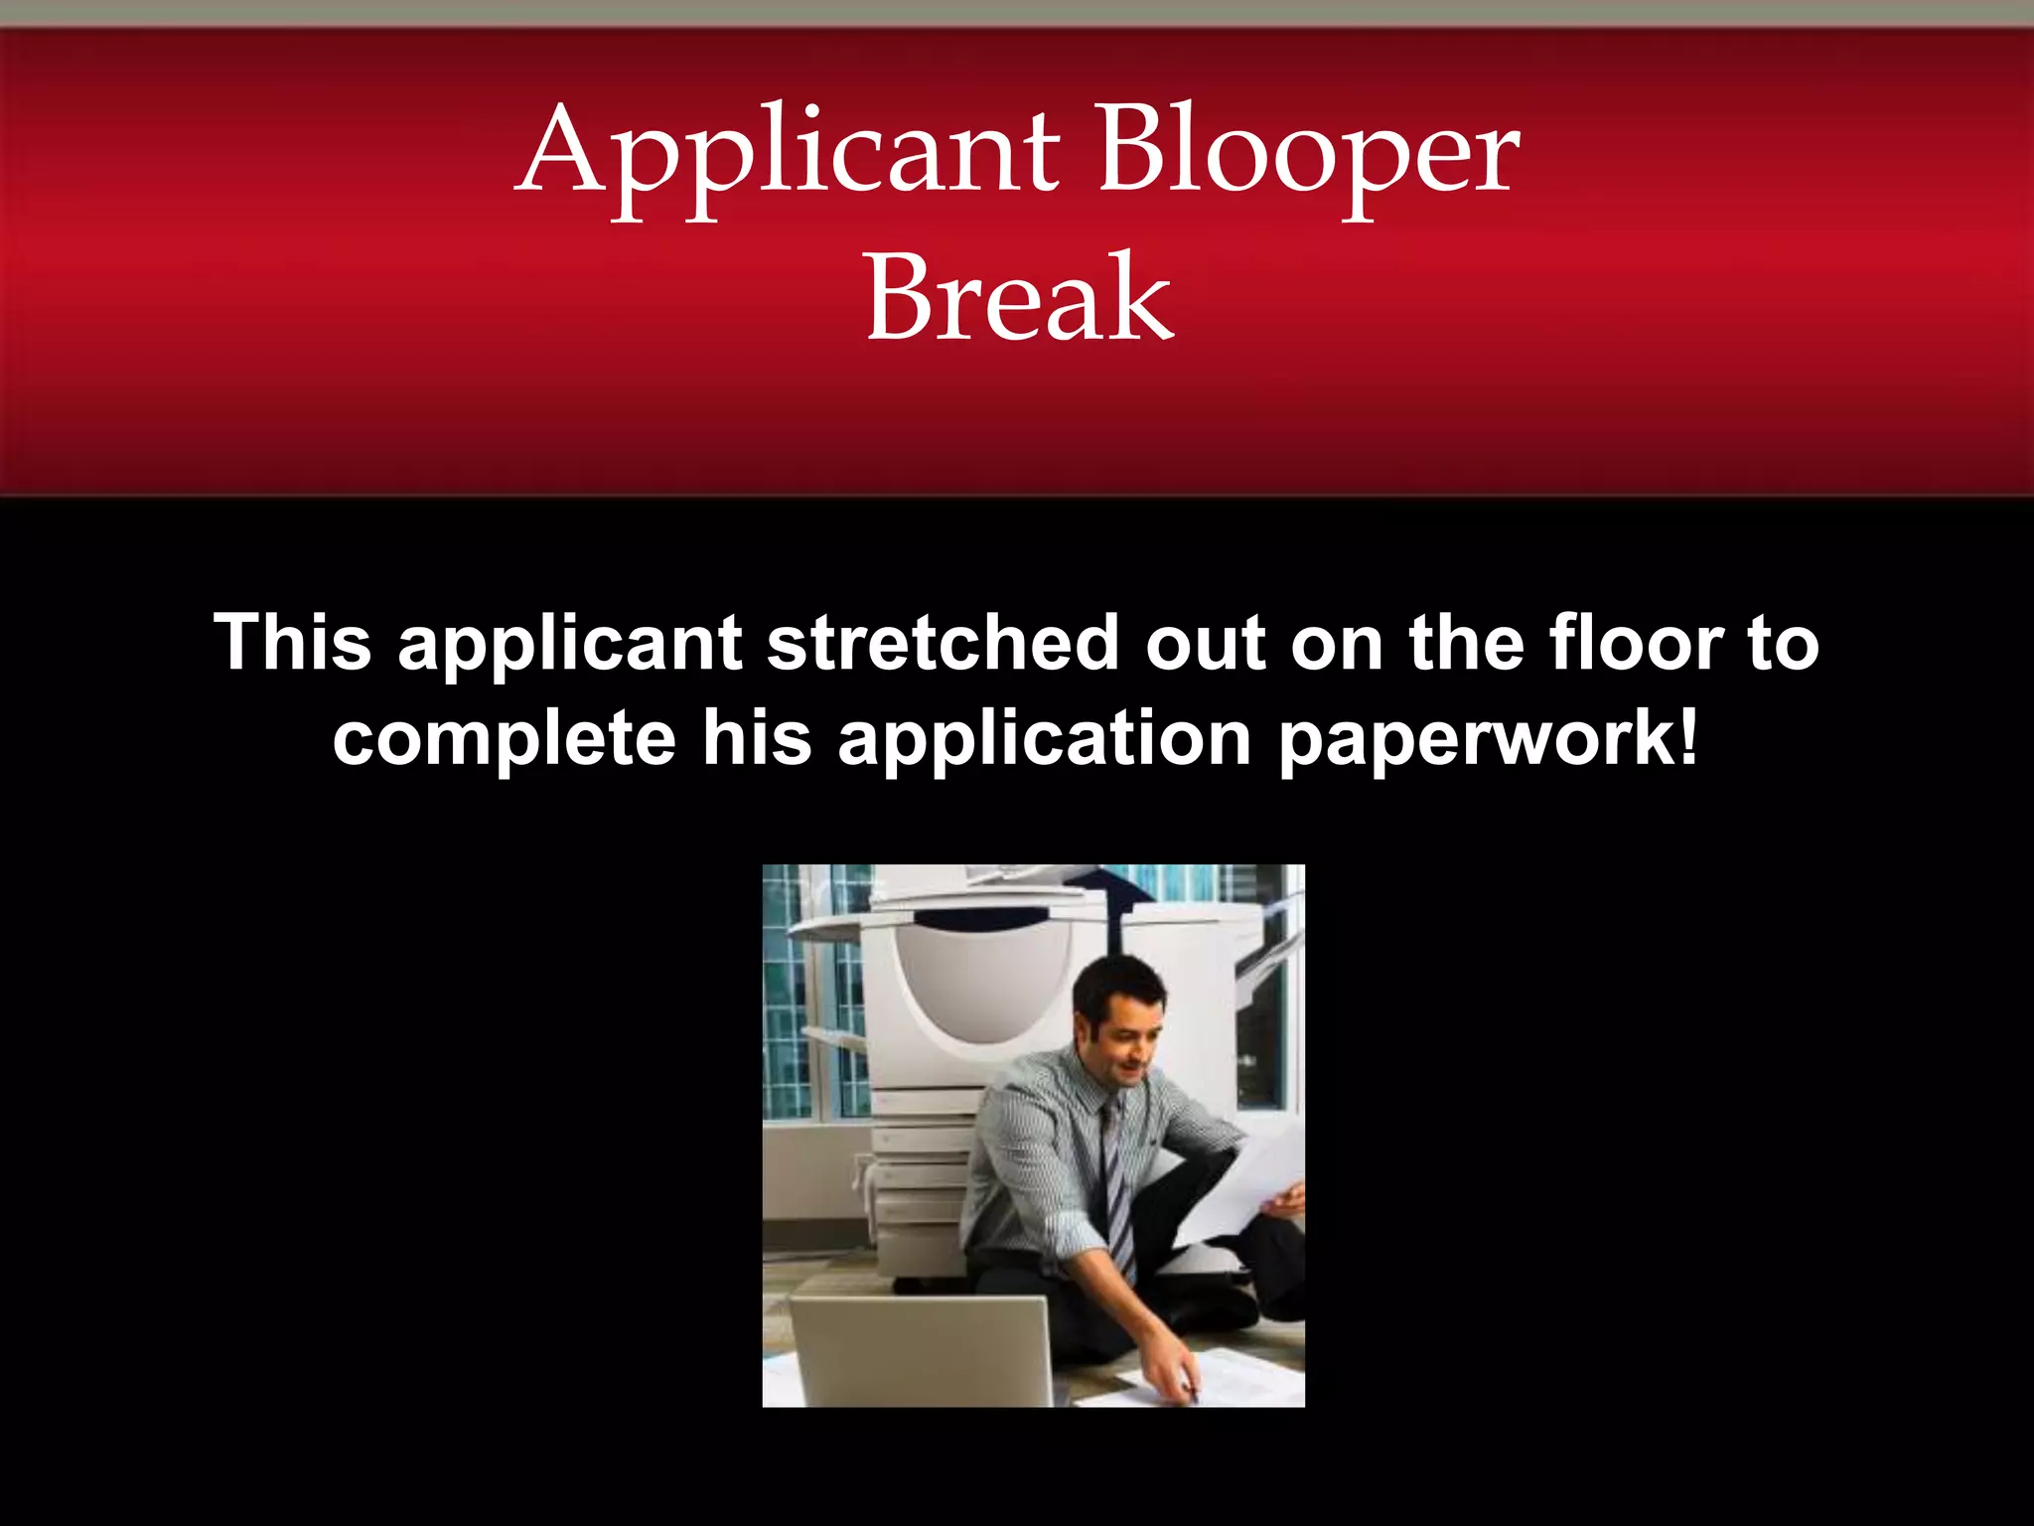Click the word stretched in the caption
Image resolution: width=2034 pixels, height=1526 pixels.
[943, 643]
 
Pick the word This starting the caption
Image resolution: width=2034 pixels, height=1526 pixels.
[293, 643]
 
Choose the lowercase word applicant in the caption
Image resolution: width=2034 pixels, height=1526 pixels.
[569, 643]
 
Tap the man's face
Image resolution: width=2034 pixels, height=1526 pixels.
[1132, 1043]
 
